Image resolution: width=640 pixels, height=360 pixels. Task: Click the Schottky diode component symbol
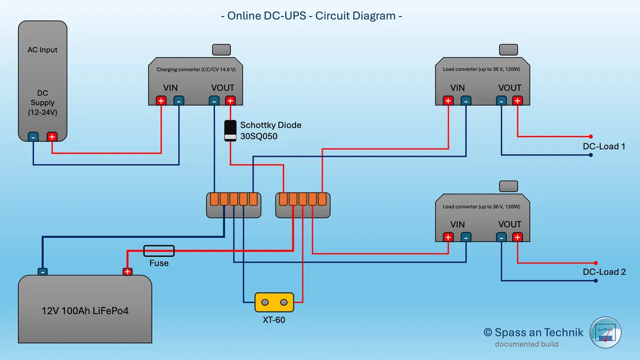[x=230, y=131]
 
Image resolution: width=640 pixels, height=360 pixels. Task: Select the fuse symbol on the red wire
[x=158, y=251]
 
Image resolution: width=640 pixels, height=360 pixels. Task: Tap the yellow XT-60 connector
[x=274, y=302]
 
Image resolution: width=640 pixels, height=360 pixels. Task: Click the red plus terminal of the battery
[x=127, y=272]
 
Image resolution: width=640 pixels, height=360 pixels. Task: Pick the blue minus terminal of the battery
[x=43, y=272]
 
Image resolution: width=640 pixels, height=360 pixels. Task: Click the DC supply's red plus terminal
[x=52, y=137]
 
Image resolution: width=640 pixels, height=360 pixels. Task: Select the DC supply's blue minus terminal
[x=33, y=137]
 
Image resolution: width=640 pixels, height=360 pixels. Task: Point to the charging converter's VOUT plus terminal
[x=230, y=101]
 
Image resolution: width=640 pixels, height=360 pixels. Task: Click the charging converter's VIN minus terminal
[x=179, y=101]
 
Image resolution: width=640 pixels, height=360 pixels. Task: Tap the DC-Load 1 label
[x=604, y=146]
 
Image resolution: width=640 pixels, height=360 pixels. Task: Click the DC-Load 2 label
[x=604, y=272]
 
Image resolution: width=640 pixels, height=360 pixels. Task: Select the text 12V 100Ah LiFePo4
[x=85, y=310]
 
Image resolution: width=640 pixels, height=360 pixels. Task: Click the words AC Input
[x=43, y=50]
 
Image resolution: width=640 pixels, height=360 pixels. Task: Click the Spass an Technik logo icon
[x=605, y=332]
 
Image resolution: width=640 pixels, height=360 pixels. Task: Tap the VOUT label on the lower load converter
[x=509, y=224]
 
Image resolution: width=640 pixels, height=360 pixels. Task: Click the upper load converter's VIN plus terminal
[x=448, y=101]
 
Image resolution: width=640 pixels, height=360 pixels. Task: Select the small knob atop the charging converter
[x=222, y=50]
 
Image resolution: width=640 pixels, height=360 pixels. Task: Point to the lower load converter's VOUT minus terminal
[x=501, y=237]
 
